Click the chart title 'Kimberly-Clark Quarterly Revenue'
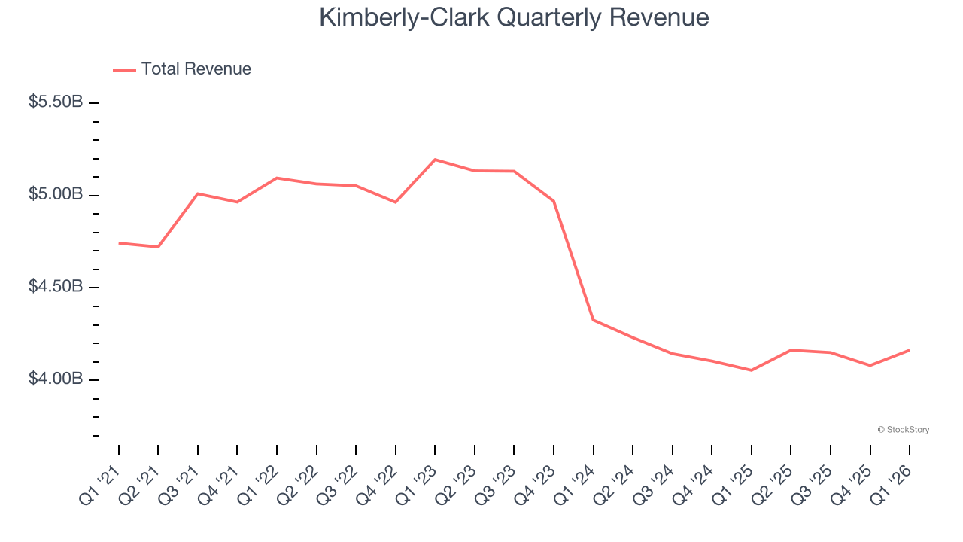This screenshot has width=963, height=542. [x=514, y=17]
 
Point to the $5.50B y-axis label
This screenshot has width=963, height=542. [x=56, y=102]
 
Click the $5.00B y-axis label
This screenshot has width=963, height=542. [x=56, y=194]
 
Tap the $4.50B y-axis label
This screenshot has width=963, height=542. [x=56, y=287]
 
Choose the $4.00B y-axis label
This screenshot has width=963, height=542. [x=56, y=379]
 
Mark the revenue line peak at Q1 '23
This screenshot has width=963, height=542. [x=435, y=160]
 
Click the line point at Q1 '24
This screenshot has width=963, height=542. [x=594, y=320]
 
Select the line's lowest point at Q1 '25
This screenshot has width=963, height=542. [x=751, y=370]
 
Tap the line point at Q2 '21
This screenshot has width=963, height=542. [x=158, y=247]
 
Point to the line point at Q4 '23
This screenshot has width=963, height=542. [x=554, y=201]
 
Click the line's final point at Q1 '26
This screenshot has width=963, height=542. [x=909, y=350]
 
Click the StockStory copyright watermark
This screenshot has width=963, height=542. [x=903, y=430]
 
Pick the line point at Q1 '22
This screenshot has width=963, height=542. [x=277, y=178]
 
